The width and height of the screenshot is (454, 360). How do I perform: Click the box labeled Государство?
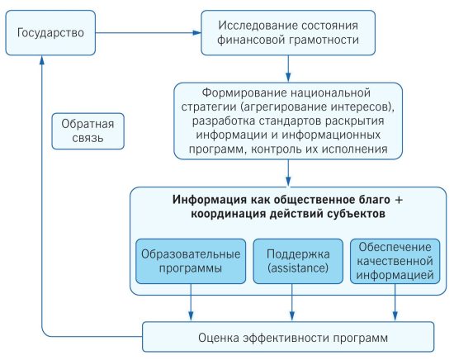[50, 33]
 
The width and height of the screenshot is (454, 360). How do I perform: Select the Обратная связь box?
[87, 131]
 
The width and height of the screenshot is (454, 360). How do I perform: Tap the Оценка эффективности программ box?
[288, 337]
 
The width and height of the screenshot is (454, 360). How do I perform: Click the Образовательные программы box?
[191, 261]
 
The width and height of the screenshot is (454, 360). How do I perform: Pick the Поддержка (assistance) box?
[298, 261]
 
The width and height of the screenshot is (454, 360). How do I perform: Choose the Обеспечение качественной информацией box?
[395, 261]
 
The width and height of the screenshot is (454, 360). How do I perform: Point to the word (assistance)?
[298, 268]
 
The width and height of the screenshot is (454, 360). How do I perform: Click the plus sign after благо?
[399, 200]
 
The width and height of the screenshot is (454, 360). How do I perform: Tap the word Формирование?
[244, 93]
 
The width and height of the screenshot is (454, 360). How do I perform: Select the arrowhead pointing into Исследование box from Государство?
[197, 33]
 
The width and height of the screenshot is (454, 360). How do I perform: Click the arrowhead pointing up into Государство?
[42, 59]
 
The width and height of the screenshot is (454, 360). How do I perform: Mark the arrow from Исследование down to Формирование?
[288, 69]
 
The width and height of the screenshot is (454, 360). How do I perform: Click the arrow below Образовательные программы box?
[191, 303]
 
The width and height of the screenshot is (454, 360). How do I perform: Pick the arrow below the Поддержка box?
[292, 303]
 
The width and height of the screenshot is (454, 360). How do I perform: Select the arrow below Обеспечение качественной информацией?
[395, 303]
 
